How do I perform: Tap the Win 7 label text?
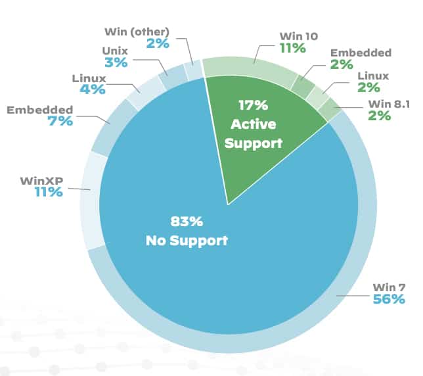pos(389,288)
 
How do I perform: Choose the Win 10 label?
pos(298,35)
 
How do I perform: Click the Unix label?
pos(116,50)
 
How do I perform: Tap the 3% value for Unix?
pos(115,63)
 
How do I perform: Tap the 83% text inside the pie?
pos(186,222)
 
